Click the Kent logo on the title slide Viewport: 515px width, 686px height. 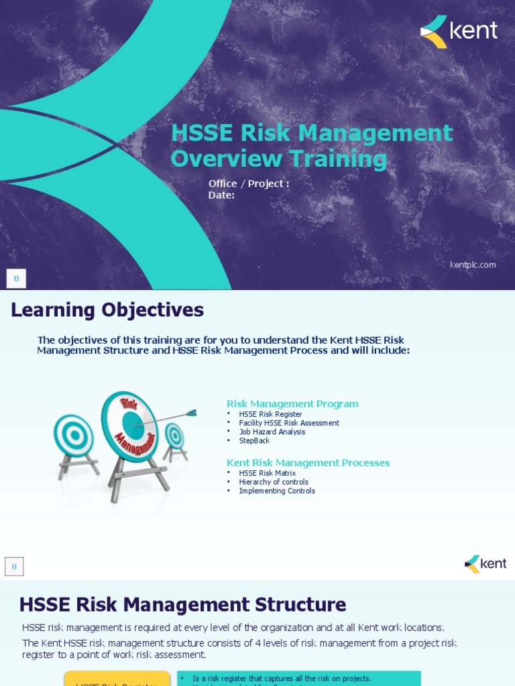pos(459,31)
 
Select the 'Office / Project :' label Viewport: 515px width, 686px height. pos(249,184)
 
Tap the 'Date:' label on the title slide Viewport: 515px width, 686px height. pos(221,195)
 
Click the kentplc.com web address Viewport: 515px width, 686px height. pos(473,265)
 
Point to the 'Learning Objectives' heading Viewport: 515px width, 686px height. pos(107,310)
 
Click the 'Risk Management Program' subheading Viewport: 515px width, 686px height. pos(292,404)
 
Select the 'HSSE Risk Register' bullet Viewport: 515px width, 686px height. pos(270,415)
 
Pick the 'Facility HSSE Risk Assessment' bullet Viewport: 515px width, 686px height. pos(289,423)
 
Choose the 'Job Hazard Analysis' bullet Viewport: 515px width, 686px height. pos(272,432)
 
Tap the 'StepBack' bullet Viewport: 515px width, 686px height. pos(253,441)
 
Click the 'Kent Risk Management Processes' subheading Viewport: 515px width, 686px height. pos(308,463)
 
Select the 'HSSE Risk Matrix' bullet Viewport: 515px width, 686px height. pos(267,473)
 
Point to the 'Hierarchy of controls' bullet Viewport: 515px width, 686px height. pos(274,482)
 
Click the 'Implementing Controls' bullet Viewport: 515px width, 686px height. pos(277,491)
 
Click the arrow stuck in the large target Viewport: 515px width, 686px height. pos(168,418)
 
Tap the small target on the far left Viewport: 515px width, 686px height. pos(74,435)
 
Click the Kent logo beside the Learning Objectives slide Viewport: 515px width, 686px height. pos(485,563)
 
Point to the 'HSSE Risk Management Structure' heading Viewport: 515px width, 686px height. pos(182,605)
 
